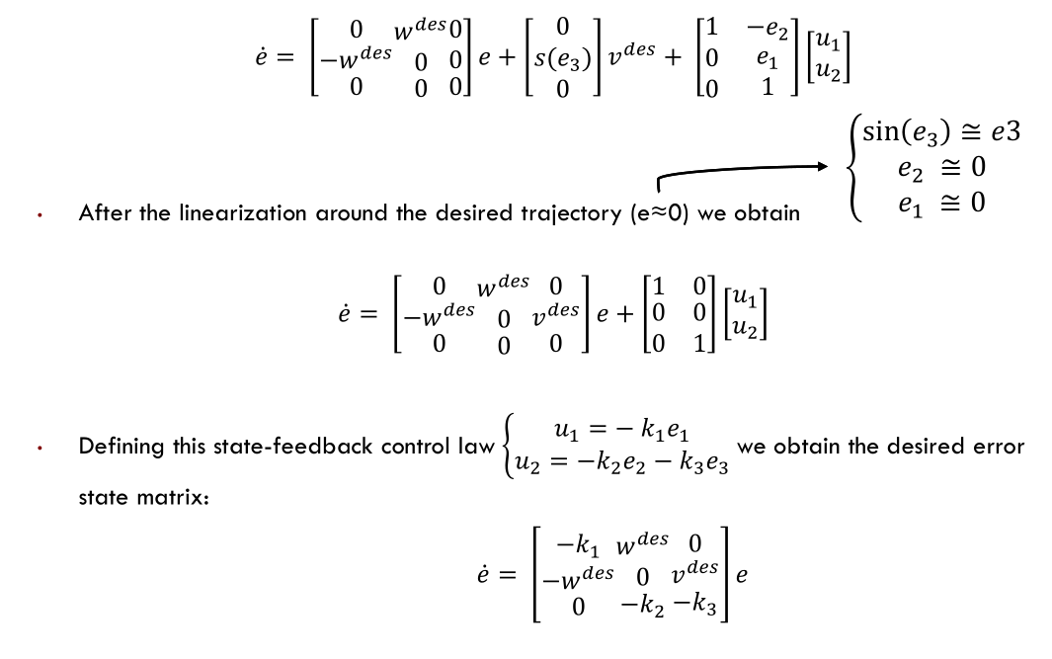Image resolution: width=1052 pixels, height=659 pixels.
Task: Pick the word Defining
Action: (x=117, y=446)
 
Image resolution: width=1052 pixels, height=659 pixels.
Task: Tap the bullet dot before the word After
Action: (x=37, y=214)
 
